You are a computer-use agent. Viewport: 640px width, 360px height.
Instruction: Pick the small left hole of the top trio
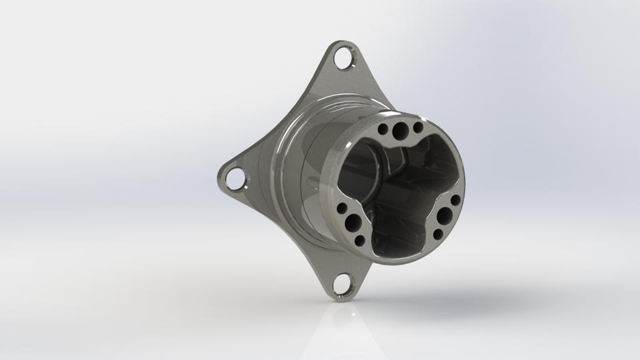pos(386,127)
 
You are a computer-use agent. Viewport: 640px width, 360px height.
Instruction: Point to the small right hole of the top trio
pos(418,127)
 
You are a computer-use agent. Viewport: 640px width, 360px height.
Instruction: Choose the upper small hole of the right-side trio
pos(455,200)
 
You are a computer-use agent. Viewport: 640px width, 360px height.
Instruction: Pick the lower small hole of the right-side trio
pos(437,234)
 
